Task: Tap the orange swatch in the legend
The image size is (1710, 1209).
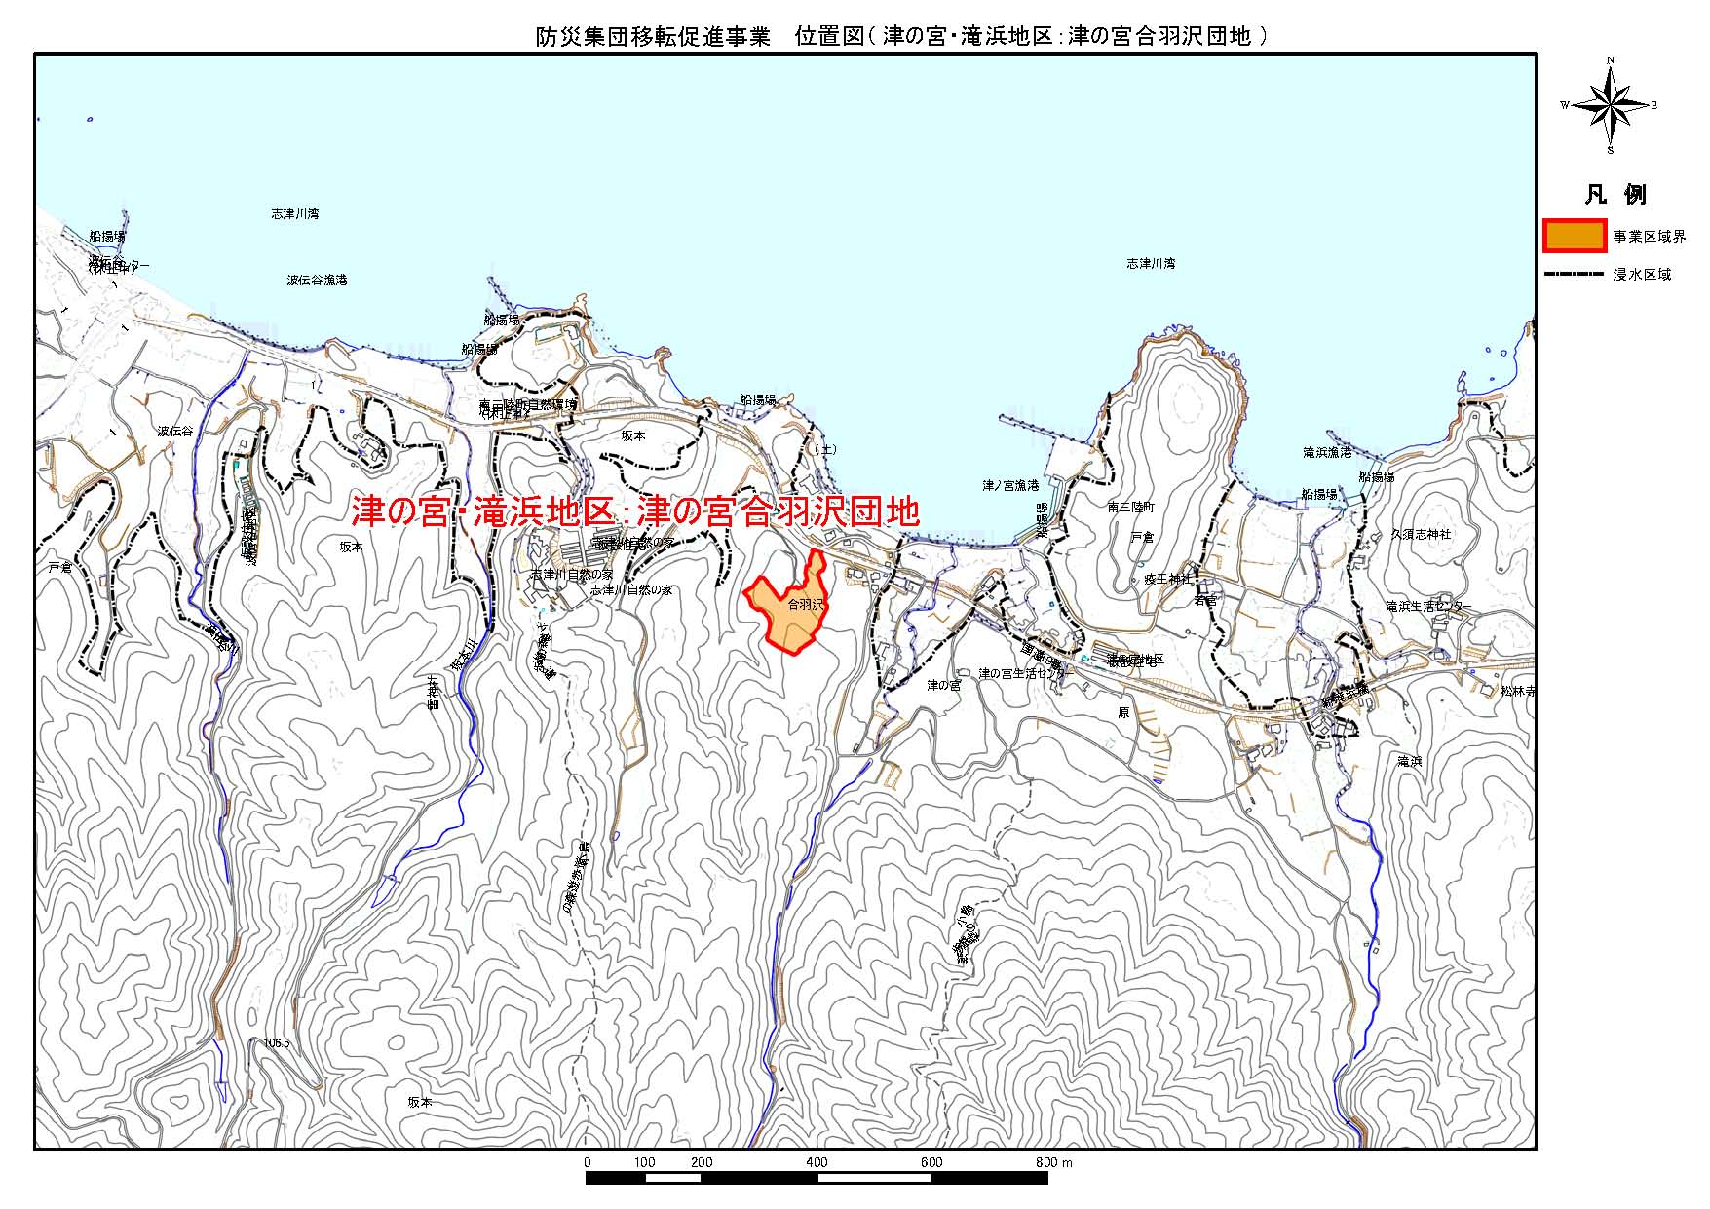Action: (1575, 237)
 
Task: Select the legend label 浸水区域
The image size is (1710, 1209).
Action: (1642, 275)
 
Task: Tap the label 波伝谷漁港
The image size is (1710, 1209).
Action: (317, 280)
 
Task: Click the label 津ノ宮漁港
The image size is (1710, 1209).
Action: (1010, 484)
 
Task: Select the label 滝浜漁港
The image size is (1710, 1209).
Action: (1327, 452)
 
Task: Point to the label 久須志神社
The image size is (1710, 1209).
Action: (1421, 534)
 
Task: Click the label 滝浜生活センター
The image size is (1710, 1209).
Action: (1428, 606)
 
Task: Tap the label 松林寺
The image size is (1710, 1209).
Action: (1517, 691)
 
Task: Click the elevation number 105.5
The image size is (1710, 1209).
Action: (278, 1042)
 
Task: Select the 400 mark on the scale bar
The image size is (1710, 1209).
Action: (817, 1162)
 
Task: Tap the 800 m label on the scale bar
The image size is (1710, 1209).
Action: (1053, 1162)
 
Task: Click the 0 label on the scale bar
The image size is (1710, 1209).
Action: (587, 1162)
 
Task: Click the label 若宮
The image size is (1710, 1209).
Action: (1205, 601)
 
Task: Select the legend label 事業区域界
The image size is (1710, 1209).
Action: (1649, 237)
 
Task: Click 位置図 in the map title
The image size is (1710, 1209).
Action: (829, 37)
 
